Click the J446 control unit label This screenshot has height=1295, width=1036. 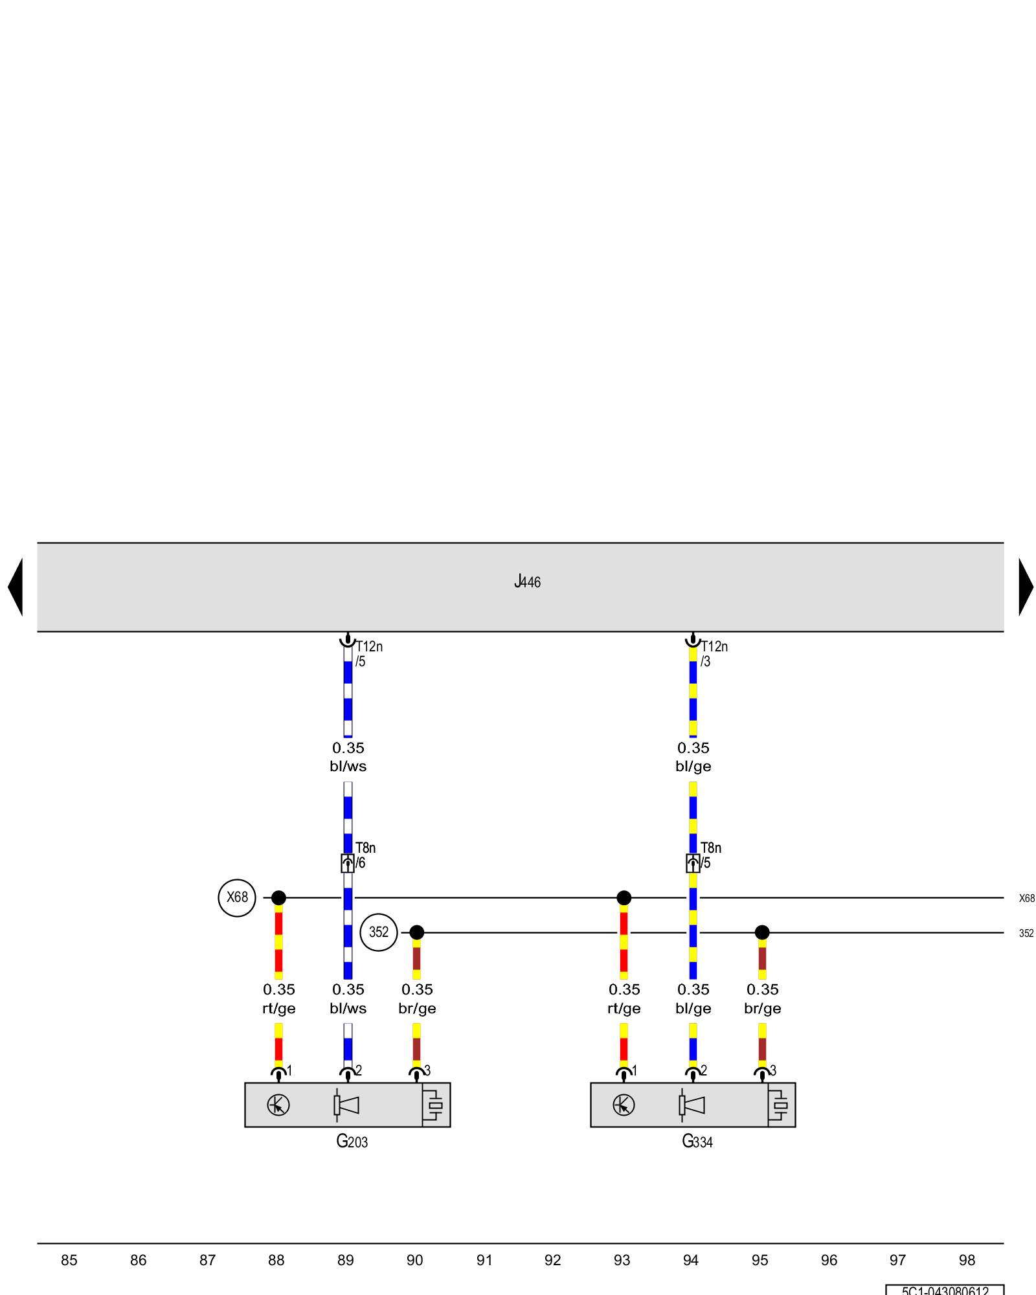point(527,581)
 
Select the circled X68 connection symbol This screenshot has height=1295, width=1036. point(237,897)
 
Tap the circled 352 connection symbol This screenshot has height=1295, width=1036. point(378,932)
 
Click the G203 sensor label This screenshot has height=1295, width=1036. point(352,1142)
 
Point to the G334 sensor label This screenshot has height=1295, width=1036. point(697,1142)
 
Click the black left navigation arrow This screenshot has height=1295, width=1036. point(16,587)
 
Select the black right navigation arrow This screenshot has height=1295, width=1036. point(1026,587)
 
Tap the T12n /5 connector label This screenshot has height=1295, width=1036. point(368,653)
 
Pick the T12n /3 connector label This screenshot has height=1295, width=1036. point(714,653)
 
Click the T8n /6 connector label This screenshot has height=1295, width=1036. point(365,855)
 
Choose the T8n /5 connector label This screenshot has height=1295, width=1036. point(710,855)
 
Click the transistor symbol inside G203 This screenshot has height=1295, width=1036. point(278,1105)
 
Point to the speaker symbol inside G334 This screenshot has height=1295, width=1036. point(692,1105)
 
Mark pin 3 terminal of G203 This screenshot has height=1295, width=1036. point(417,1074)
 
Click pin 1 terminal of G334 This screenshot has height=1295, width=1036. point(624,1074)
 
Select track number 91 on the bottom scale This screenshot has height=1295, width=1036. point(484,1260)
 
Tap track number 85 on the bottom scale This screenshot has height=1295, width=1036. point(69,1260)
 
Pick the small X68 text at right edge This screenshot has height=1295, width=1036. point(1026,898)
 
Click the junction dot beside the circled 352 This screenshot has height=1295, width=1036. point(417,932)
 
